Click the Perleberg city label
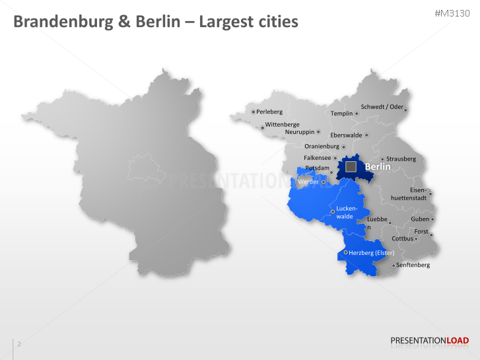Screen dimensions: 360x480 click(x=269, y=112)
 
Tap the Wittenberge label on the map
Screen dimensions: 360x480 click(x=282, y=124)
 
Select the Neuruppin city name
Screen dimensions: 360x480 click(x=300, y=131)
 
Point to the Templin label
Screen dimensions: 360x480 click(x=342, y=114)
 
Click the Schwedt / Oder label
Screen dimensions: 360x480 click(x=382, y=107)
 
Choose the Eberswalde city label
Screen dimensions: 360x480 click(x=346, y=135)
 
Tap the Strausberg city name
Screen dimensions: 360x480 click(x=401, y=159)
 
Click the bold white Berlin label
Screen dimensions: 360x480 click(x=378, y=167)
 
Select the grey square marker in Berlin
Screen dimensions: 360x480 click(x=352, y=166)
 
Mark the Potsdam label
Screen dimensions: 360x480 click(x=317, y=168)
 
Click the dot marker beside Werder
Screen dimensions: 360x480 click(x=324, y=182)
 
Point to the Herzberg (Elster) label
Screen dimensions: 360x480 click(x=371, y=253)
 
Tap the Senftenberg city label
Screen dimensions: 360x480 click(x=413, y=265)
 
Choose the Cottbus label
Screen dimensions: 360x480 click(x=402, y=238)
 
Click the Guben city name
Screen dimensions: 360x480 click(x=419, y=219)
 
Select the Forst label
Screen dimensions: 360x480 click(x=421, y=232)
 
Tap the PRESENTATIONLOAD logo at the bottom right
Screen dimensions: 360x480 click(x=430, y=341)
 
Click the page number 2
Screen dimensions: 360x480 click(x=19, y=343)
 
